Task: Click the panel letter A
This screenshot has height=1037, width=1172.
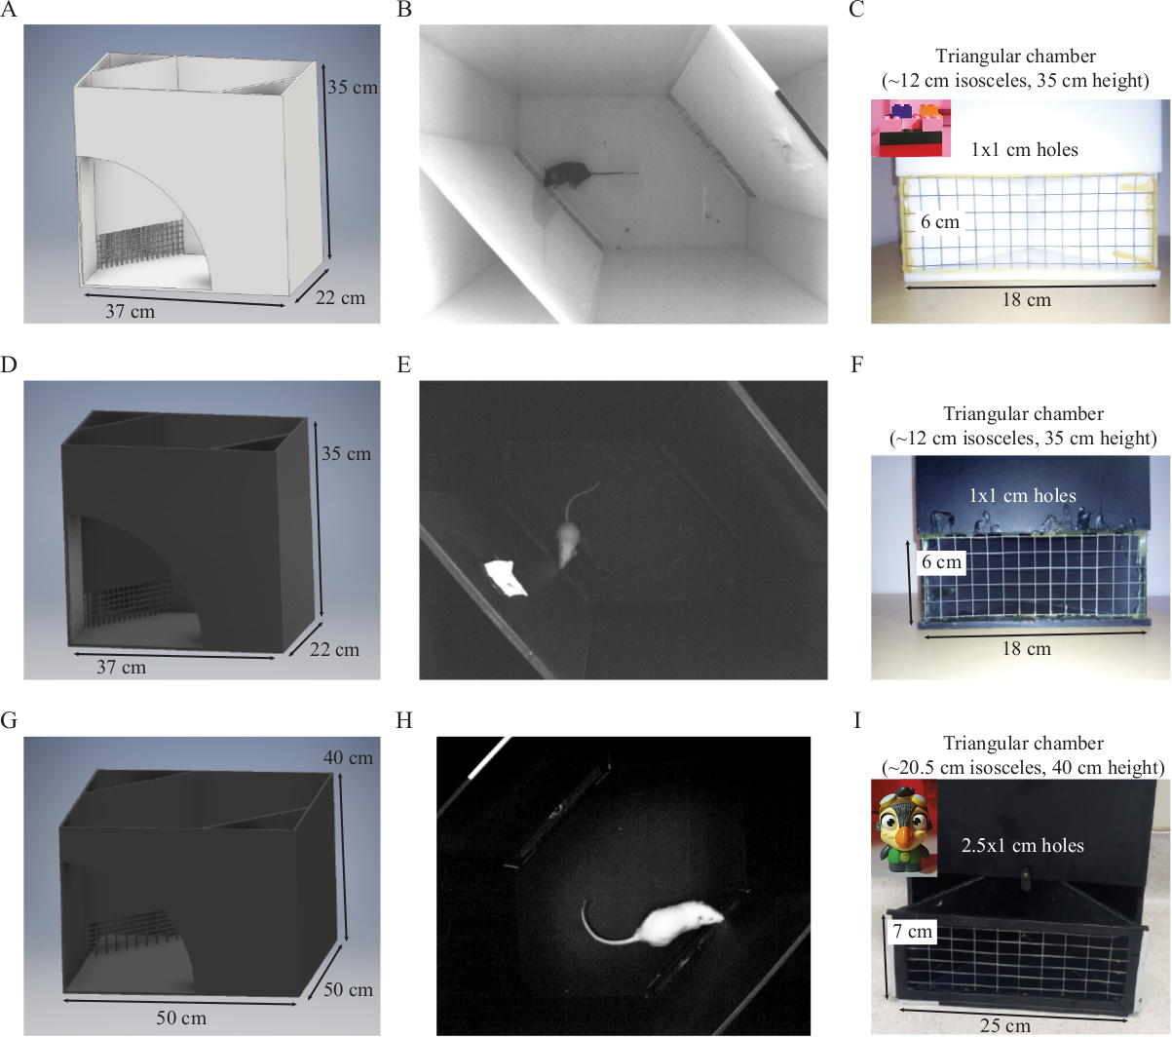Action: coord(9,10)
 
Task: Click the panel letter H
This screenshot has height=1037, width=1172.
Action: coord(404,720)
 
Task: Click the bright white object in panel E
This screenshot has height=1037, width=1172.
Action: coord(506,578)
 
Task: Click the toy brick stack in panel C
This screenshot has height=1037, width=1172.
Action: coord(912,129)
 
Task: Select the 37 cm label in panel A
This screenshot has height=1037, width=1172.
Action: coord(131,311)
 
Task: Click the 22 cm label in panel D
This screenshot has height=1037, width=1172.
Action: coord(334,649)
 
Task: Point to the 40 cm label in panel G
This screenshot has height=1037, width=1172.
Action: coord(348,757)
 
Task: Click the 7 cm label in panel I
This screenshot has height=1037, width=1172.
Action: coord(912,931)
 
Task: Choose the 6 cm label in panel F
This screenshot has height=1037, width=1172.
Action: coord(941,562)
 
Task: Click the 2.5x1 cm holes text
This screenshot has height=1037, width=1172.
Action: coord(1022,845)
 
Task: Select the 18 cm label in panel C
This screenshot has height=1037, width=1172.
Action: coord(1027,300)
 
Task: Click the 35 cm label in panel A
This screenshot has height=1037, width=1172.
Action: coord(353,88)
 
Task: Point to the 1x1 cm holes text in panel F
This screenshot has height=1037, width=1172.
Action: coord(1023,495)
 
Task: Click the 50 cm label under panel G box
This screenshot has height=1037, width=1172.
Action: coord(181,1018)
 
